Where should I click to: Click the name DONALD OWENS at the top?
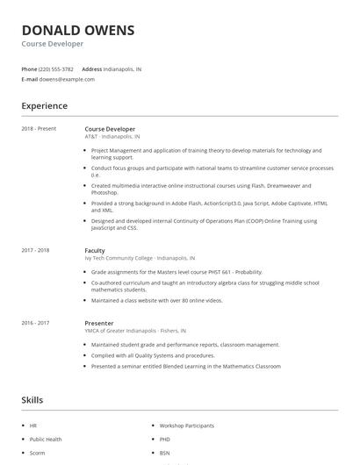click(x=78, y=30)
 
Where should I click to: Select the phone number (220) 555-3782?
click(x=56, y=68)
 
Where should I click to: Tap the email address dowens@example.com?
click(x=66, y=79)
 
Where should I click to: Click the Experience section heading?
click(x=44, y=106)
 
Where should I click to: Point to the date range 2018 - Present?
click(x=39, y=129)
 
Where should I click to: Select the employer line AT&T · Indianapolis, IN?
click(x=112, y=137)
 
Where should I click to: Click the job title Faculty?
click(x=95, y=250)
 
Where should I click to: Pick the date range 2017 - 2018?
click(x=36, y=250)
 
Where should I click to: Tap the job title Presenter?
click(x=99, y=323)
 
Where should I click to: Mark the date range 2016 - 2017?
click(x=36, y=323)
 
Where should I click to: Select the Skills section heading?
click(x=32, y=400)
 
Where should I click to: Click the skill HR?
click(x=32, y=426)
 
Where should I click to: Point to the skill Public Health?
click(x=45, y=439)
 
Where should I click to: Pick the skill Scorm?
click(x=36, y=452)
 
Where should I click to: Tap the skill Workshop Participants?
click(x=186, y=426)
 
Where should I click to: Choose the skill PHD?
click(x=165, y=439)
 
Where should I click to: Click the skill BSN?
click(x=165, y=452)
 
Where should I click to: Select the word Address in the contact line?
click(x=91, y=68)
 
